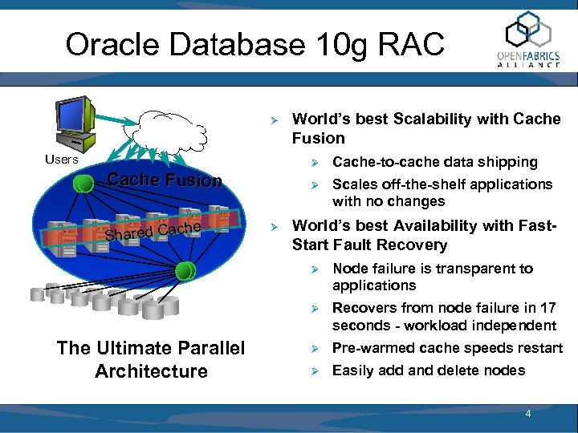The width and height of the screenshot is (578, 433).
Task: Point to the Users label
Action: coord(62,159)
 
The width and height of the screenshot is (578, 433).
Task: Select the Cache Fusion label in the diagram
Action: coord(165,180)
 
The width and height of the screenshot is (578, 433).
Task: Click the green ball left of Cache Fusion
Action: coord(81,184)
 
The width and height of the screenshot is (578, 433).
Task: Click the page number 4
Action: coord(527,414)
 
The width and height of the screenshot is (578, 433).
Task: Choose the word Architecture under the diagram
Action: coord(151,371)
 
